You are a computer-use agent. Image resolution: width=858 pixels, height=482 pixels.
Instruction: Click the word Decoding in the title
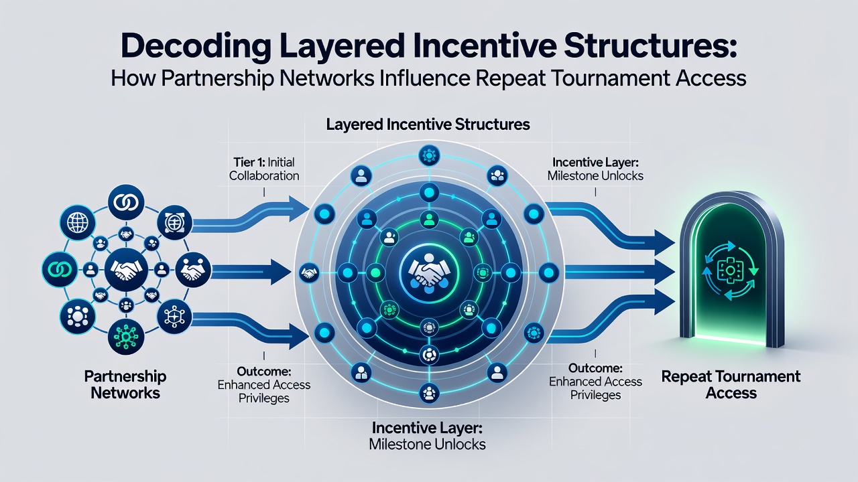pos(196,46)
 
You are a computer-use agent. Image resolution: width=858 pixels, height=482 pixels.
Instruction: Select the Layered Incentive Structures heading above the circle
pos(428,125)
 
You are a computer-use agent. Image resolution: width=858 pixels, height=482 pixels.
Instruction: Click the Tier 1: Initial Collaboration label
pos(264,169)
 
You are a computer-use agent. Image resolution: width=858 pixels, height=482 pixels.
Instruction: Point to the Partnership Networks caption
pos(125,384)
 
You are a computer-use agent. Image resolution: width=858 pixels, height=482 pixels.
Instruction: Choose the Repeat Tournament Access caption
pos(731,384)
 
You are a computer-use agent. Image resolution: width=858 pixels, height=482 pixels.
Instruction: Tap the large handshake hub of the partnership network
pos(126,270)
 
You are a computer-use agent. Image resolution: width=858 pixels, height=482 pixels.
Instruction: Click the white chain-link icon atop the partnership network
pos(126,202)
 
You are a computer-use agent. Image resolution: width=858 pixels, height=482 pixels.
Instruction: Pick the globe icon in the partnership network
pos(78,222)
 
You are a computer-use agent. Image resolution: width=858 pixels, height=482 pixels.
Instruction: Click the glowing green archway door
pos(731,270)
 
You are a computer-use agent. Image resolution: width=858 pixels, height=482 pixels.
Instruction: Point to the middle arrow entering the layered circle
pos(251,272)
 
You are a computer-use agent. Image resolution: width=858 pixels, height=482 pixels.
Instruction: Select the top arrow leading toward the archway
pos(611,227)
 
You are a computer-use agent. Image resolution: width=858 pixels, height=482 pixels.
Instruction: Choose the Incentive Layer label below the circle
pos(427,436)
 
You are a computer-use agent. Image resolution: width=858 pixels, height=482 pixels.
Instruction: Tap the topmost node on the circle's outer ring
pos(429,156)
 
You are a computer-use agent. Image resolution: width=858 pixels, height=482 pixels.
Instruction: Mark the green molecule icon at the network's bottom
pos(126,337)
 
